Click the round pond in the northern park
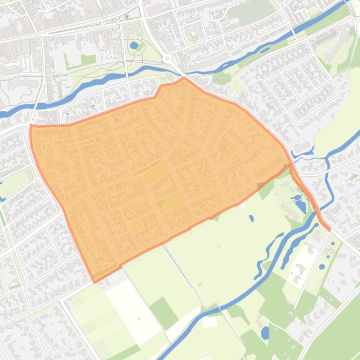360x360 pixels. [134, 45]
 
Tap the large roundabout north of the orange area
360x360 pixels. [167, 59]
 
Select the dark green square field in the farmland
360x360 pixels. [164, 312]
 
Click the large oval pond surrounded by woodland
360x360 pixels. [265, 333]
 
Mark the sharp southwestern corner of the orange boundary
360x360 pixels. [95, 282]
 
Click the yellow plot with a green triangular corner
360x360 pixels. [172, 202]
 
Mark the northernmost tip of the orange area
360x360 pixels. [184, 78]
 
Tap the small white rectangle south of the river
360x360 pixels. [209, 322]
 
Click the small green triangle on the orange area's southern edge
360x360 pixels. [216, 216]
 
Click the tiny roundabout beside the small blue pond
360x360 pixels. [115, 20]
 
